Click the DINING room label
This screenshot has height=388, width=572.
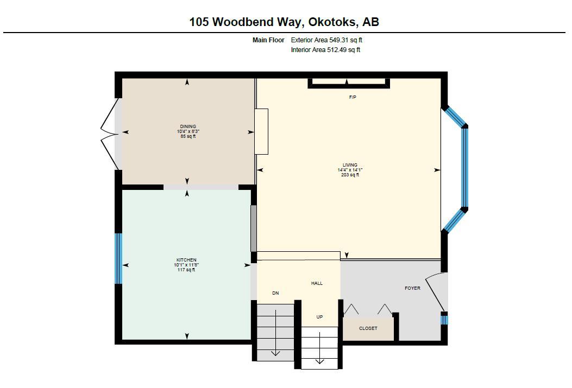tap(187, 126)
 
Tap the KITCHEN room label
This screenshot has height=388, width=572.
tap(186, 260)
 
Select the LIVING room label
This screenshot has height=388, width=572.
tap(350, 165)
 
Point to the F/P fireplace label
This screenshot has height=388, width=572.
tap(353, 97)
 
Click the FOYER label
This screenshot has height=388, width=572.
tap(412, 288)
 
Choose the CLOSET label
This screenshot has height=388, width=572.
tap(368, 328)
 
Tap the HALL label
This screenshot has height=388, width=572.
tap(317, 283)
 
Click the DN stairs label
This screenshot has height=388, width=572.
tap(275, 293)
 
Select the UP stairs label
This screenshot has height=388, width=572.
tap(319, 317)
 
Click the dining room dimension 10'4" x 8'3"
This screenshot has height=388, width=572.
tap(187, 131)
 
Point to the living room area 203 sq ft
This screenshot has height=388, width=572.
tap(350, 175)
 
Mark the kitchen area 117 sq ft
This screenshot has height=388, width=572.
tap(186, 270)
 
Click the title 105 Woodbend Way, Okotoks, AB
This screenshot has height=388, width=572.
tap(284, 22)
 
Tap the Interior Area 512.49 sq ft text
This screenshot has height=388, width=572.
tap(325, 50)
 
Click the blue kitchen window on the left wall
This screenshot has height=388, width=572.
tap(118, 258)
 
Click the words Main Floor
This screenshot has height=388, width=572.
tap(268, 40)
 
